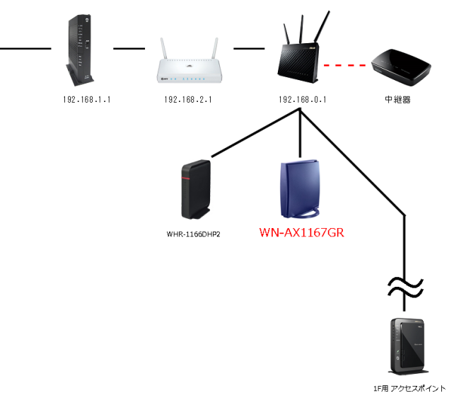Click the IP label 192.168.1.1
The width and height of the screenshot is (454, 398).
[87, 100]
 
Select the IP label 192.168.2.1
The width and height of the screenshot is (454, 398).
[188, 100]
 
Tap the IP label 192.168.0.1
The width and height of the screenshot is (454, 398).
[302, 100]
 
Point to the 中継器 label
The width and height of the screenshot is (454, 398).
[398, 100]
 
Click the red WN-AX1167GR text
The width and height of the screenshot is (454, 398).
[301, 232]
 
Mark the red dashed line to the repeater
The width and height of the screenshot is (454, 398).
[347, 66]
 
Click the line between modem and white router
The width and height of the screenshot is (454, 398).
[124, 50]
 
